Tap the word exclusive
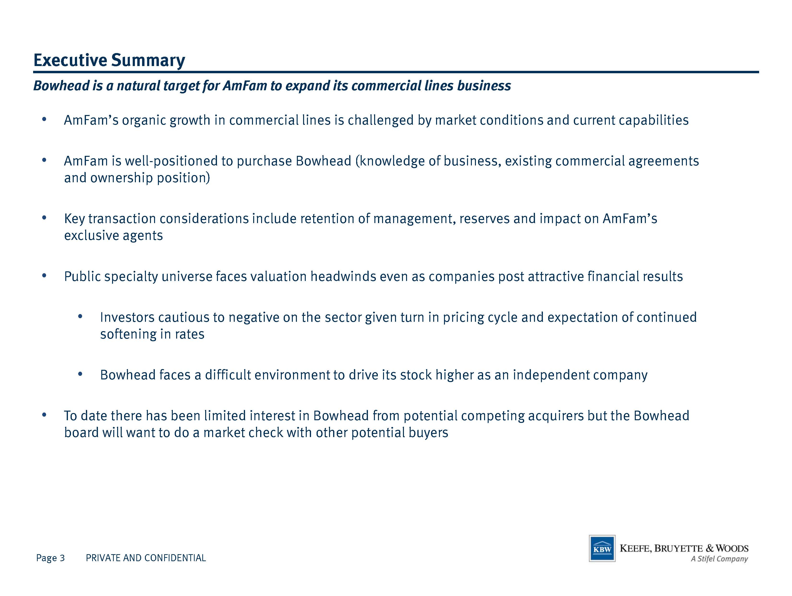click(x=91, y=236)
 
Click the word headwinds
click(x=343, y=277)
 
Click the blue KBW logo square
click(x=602, y=548)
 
